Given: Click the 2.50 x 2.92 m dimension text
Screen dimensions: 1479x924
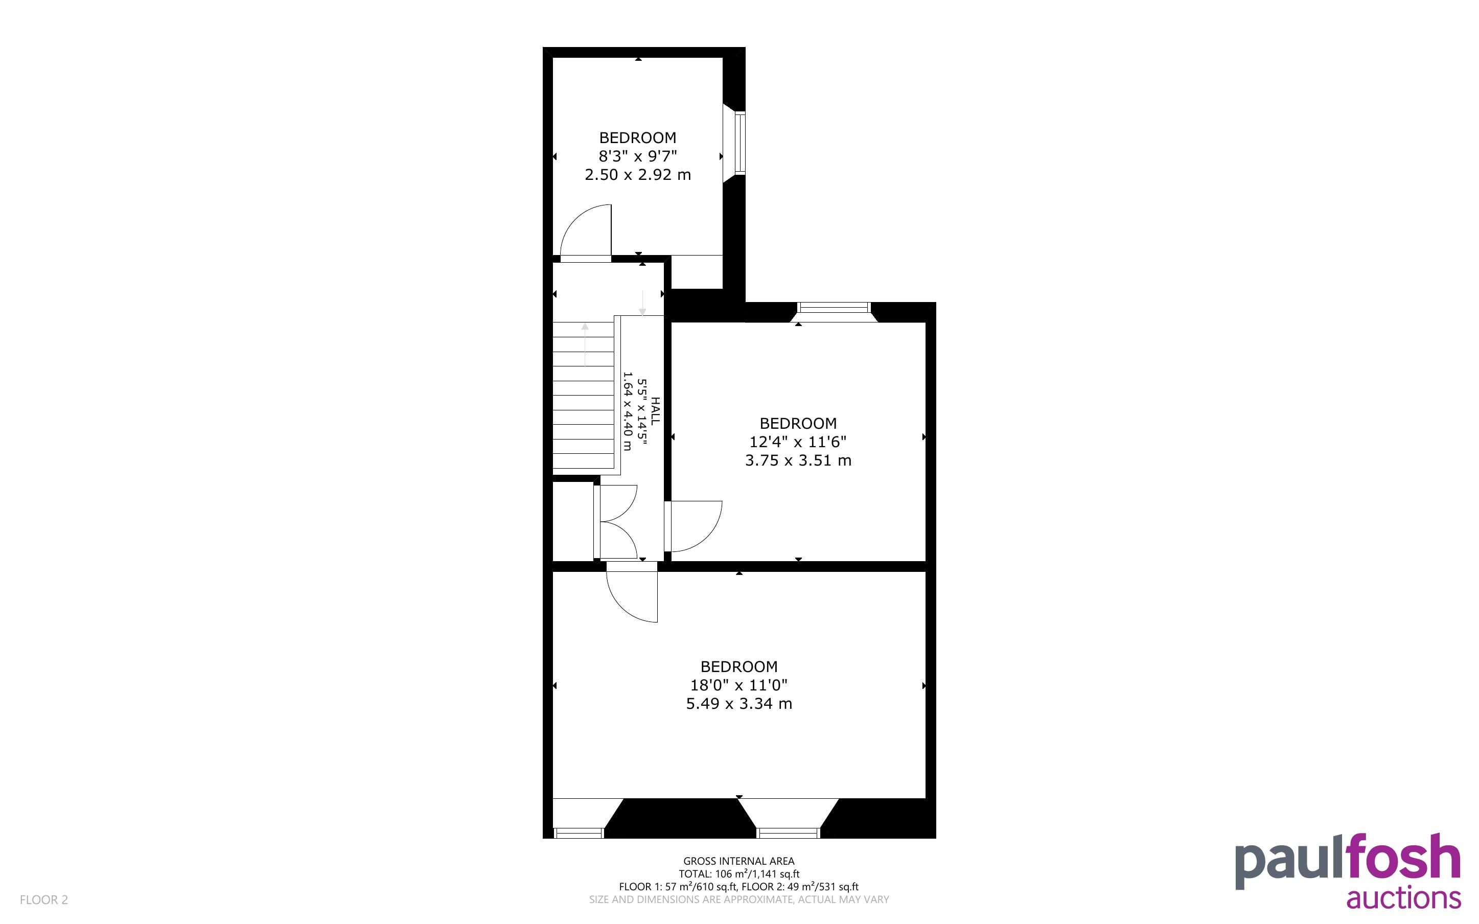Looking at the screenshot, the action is point(638,175).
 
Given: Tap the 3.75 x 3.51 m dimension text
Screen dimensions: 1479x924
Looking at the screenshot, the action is point(798,460).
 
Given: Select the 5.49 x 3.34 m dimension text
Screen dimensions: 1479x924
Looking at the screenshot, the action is point(738,703).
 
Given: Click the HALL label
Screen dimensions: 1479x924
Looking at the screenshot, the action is point(655,411).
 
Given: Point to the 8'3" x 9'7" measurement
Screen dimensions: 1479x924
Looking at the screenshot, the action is point(638,156).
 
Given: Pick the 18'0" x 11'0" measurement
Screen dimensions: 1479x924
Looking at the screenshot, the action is point(738,685).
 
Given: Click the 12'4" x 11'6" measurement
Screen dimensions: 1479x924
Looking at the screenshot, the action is point(798,442).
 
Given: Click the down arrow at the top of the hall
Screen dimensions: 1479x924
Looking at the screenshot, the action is point(642,303).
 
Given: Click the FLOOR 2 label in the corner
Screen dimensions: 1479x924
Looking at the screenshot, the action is point(44,899).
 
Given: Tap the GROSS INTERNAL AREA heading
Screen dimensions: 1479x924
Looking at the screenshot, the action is point(738,861).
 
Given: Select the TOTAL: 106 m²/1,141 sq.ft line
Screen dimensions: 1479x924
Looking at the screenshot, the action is point(738,874).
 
